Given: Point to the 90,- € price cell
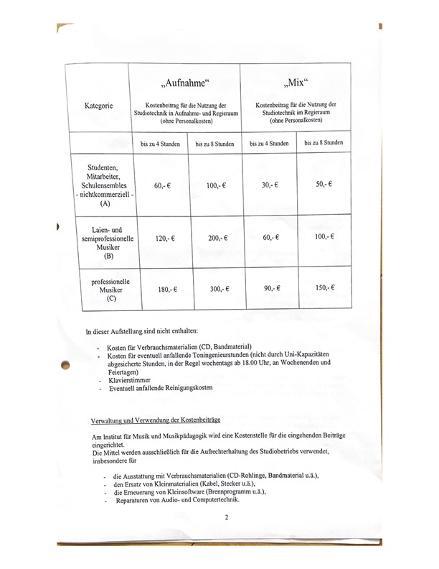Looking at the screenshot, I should point(270,288).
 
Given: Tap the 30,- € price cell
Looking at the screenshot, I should point(270,185).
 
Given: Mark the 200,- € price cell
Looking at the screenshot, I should point(216,237).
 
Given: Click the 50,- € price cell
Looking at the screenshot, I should point(324,185).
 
